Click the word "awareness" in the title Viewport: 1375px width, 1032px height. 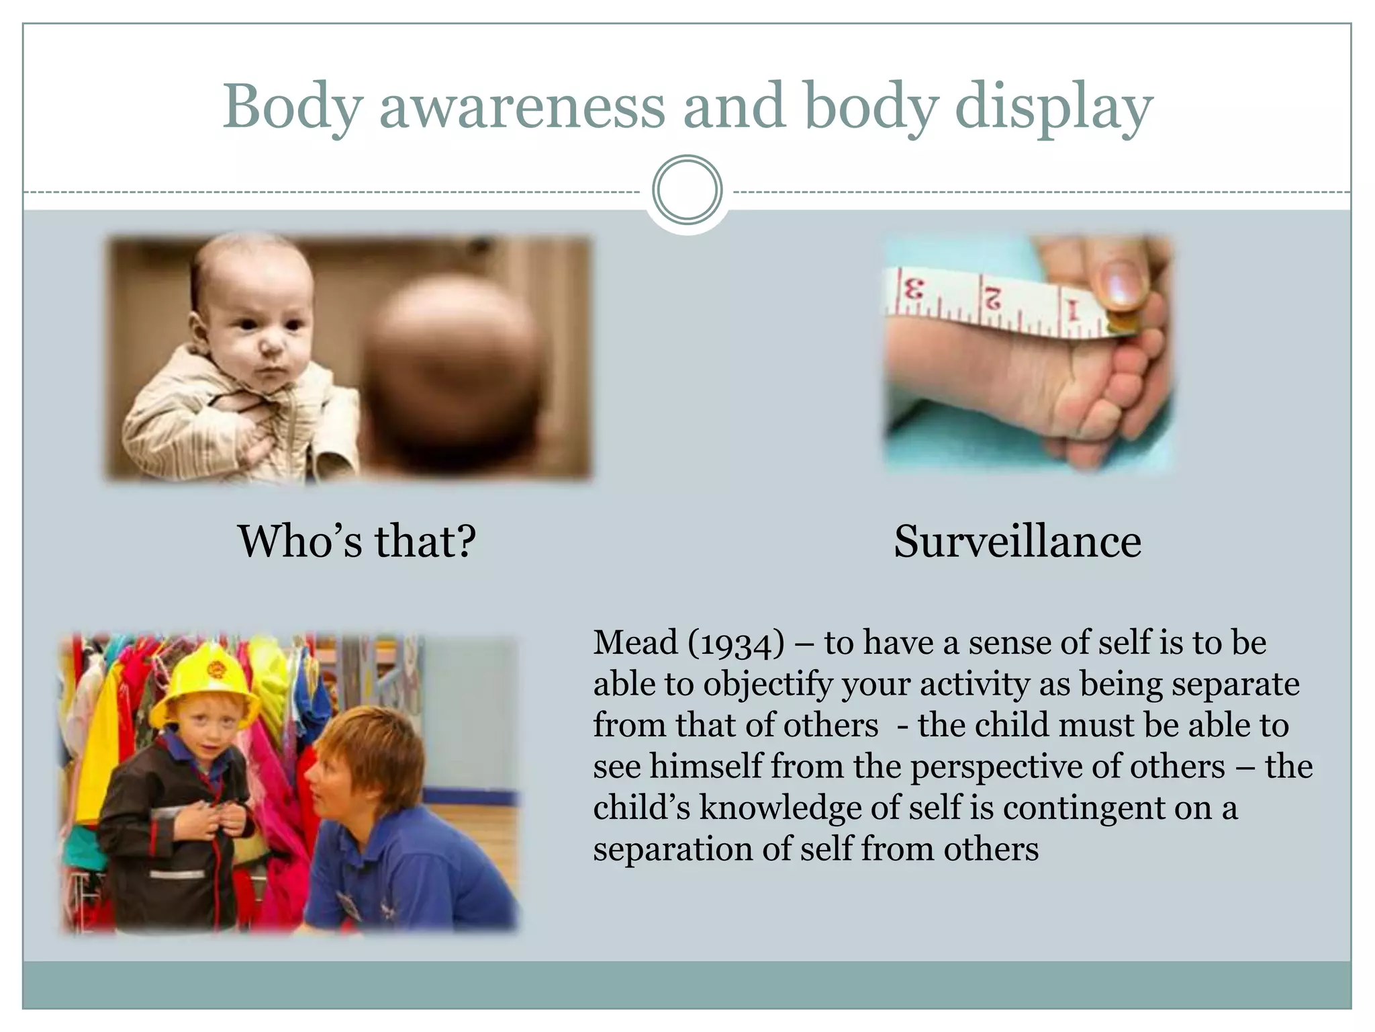(522, 107)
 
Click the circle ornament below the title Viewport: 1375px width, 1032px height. (687, 190)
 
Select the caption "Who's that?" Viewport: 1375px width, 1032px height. (357, 542)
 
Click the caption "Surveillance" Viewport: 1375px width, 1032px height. (1017, 542)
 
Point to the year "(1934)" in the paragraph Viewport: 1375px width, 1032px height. (736, 644)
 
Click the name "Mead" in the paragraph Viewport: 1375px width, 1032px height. (635, 642)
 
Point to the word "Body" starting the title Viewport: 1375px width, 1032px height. (293, 107)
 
